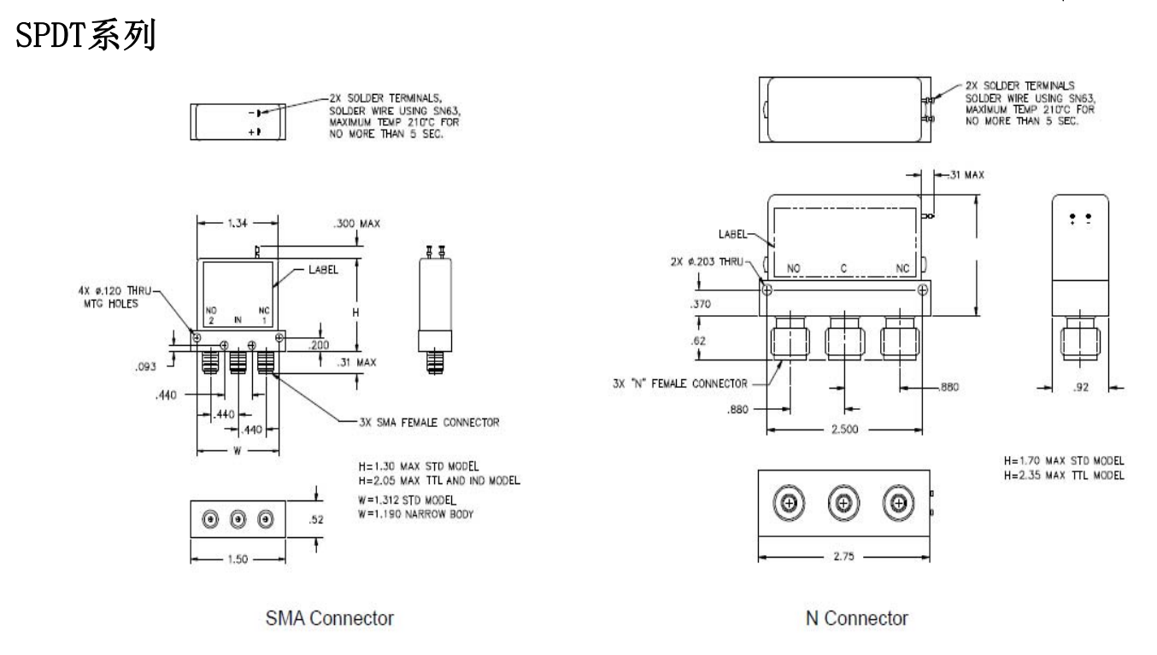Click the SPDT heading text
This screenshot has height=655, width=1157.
coord(85,35)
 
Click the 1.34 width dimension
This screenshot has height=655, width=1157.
coord(238,223)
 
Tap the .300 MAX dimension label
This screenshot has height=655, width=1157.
coord(357,224)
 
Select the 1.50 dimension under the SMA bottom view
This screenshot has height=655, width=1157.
coord(238,559)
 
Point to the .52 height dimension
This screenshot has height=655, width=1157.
coord(316,520)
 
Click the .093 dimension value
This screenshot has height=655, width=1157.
coord(145,366)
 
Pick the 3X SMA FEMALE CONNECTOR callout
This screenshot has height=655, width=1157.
coord(429,422)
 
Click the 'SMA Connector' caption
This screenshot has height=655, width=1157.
coord(330,617)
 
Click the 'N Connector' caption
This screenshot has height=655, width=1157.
coord(857,617)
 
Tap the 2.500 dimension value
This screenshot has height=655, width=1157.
coord(844,429)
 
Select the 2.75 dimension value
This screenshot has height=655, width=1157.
coord(843,556)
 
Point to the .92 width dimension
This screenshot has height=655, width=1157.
coord(1081,387)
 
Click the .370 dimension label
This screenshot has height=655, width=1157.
coord(701,304)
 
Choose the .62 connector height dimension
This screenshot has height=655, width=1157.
coord(698,341)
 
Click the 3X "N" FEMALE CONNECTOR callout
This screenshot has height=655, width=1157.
coord(679,383)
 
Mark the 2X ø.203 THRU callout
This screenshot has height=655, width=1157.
coord(708,261)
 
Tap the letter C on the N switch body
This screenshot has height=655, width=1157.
coord(843,268)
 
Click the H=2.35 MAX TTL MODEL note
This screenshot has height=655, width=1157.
coord(1064,476)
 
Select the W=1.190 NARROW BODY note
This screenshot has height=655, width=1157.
coord(416,514)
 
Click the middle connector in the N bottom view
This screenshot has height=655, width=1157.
coord(843,503)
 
